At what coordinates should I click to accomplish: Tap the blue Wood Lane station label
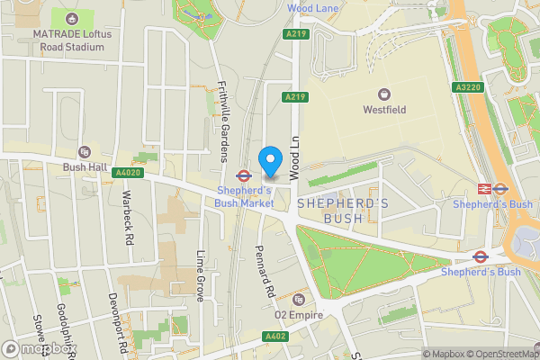tap(312, 8)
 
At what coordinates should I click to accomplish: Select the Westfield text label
tap(384, 110)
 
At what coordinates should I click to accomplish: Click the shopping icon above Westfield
tap(384, 94)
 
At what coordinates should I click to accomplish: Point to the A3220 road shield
tap(467, 87)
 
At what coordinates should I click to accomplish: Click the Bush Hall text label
tap(85, 166)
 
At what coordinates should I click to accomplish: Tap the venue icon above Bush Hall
tap(85, 152)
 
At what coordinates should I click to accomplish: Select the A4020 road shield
tap(130, 172)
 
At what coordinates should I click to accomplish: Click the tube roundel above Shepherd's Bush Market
tap(243, 175)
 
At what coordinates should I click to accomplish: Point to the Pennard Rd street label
tap(263, 272)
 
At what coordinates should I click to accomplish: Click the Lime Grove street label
tap(201, 275)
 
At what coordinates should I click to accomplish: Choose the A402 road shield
tap(275, 337)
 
